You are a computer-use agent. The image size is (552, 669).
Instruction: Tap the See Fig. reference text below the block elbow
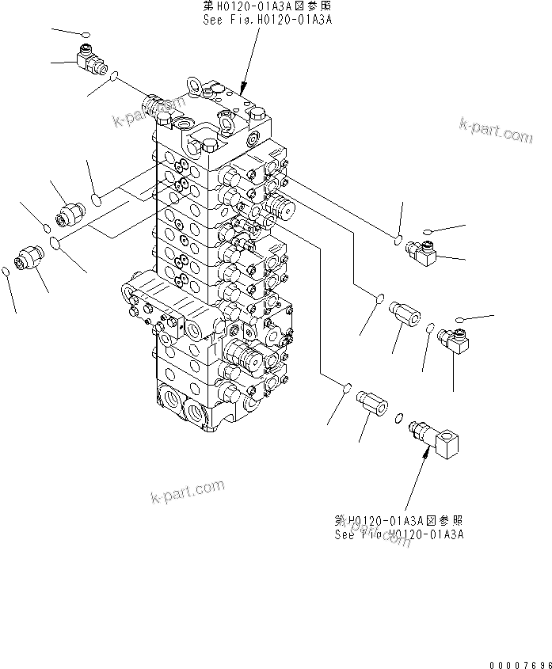click(399, 534)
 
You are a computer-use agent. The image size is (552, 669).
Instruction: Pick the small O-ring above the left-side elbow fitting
click(86, 34)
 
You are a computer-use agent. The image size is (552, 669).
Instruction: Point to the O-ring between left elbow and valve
click(115, 77)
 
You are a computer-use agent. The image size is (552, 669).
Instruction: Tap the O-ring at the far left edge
click(6, 272)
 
